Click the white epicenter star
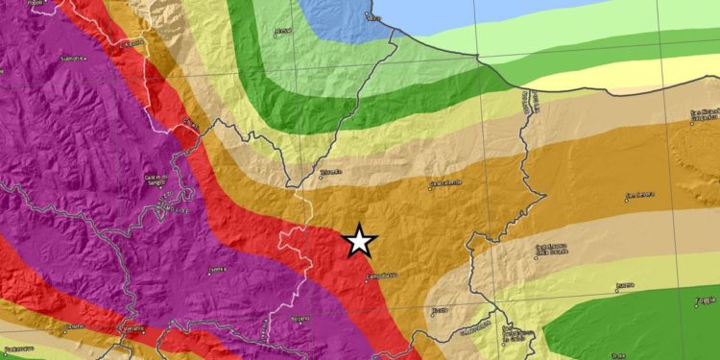click(359, 240)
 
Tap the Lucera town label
click(625, 285)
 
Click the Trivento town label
click(331, 173)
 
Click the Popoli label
click(36, 3)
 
